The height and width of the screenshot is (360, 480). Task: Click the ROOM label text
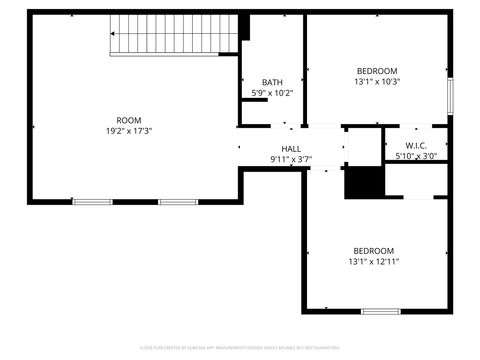click(129, 120)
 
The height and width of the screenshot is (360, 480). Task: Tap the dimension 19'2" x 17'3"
click(129, 131)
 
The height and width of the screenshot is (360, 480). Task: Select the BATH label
click(272, 82)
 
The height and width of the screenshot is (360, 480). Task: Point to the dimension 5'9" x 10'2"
click(272, 93)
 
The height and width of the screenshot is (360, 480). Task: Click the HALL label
click(291, 148)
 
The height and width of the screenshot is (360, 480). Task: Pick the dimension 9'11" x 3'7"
click(291, 159)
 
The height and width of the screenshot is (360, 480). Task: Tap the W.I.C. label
click(416, 145)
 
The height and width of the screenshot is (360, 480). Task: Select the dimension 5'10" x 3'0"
click(416, 156)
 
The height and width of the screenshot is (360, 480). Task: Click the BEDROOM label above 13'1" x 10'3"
click(377, 70)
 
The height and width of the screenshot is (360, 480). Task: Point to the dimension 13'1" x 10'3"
click(377, 82)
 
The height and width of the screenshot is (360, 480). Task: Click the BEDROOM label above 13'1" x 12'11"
click(373, 251)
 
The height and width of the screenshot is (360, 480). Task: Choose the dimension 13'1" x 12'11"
click(373, 262)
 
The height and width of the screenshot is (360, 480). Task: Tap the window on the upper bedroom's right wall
click(450, 96)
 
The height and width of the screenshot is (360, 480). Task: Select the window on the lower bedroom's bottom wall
click(380, 312)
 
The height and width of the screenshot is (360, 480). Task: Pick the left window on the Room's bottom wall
click(92, 202)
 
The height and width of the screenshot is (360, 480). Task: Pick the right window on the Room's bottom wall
click(179, 202)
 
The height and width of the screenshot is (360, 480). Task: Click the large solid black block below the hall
click(364, 183)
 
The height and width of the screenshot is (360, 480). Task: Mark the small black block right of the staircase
click(244, 27)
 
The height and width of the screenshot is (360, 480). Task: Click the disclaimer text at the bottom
click(240, 348)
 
